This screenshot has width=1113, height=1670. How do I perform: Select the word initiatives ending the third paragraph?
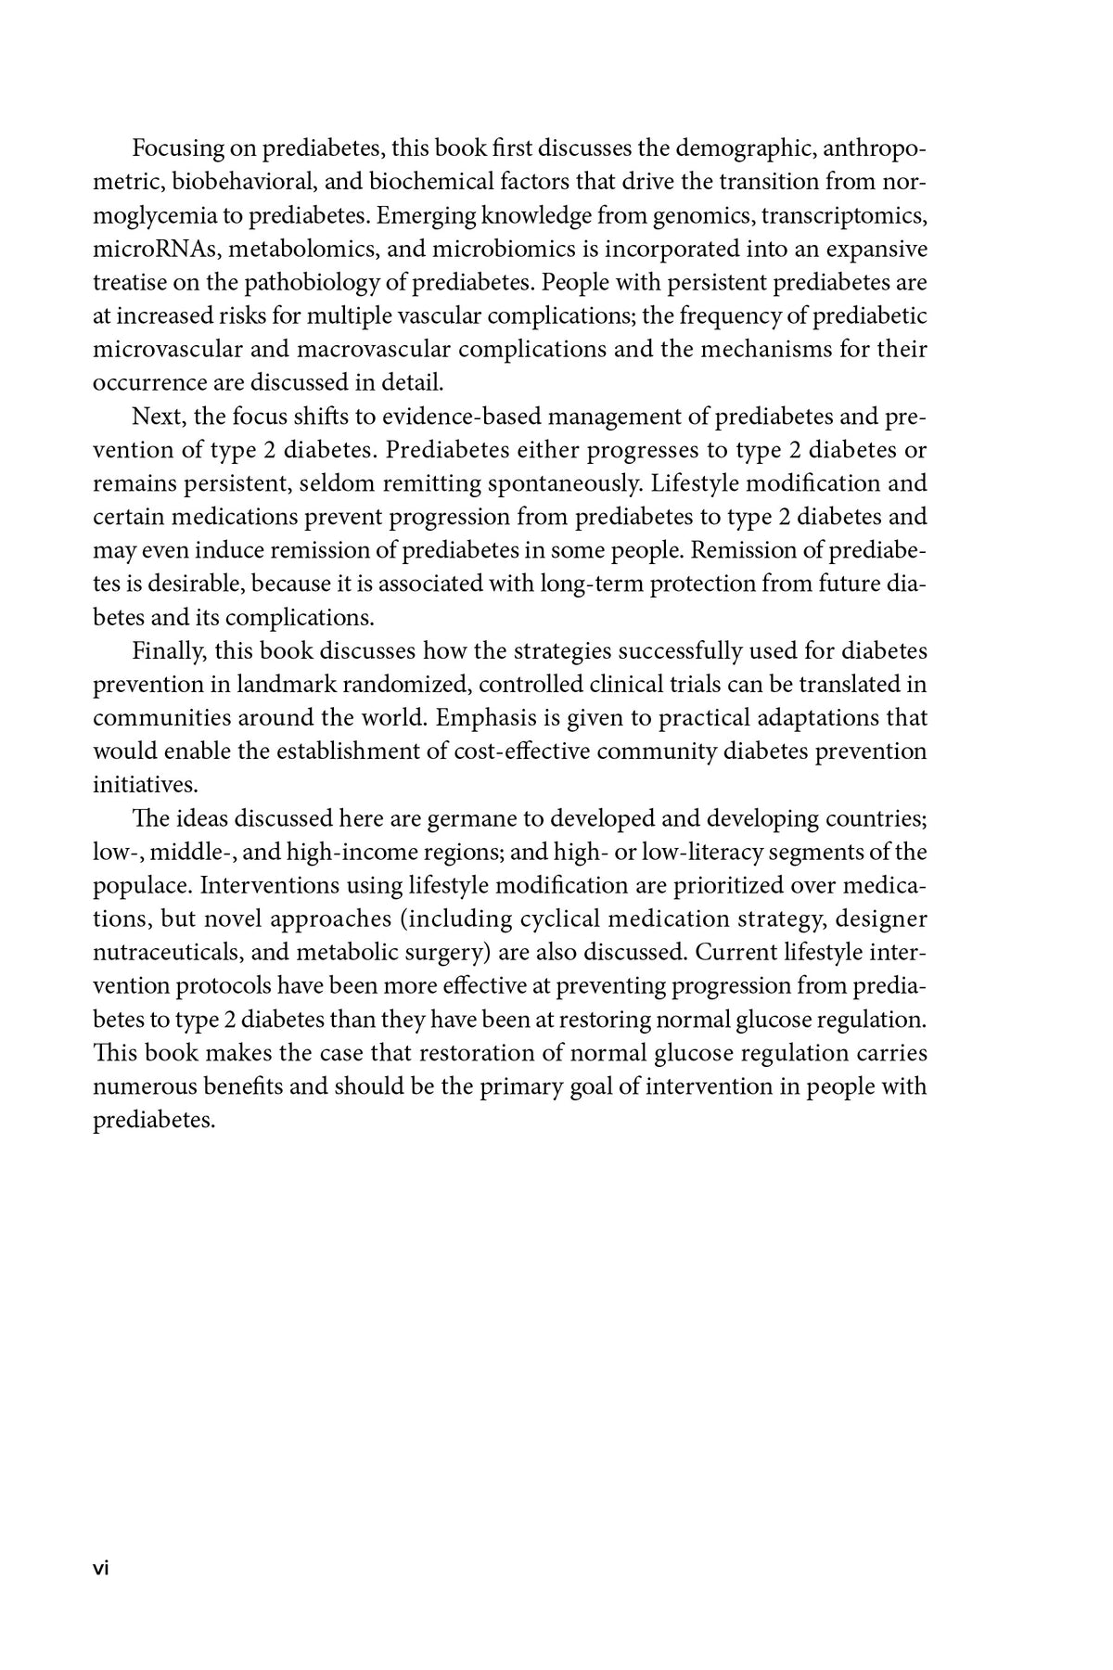coord(145,785)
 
